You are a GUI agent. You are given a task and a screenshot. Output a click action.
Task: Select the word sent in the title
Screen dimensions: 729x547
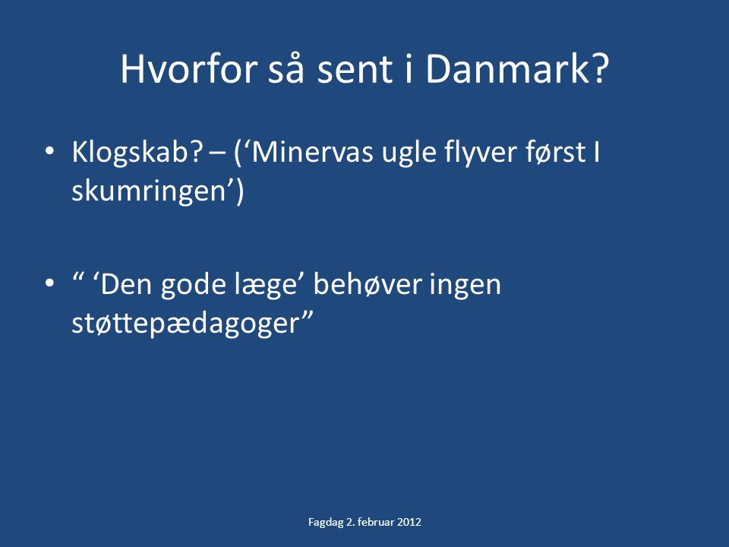coord(355,70)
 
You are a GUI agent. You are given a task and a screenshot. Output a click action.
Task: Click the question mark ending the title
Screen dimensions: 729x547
coord(601,69)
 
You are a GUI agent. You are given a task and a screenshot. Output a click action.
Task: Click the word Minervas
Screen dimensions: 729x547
coord(312,152)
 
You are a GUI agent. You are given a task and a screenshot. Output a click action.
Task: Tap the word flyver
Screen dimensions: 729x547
coord(481,153)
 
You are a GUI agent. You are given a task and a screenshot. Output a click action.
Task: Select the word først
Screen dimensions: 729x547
coord(556,152)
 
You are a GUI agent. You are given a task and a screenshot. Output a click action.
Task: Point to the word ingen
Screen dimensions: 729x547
coord(465,285)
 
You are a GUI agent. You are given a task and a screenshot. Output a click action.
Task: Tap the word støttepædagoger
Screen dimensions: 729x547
coord(185,324)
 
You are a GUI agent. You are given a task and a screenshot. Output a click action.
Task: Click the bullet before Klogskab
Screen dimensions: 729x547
coord(50,152)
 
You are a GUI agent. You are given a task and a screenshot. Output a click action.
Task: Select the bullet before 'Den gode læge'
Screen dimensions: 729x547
coord(50,283)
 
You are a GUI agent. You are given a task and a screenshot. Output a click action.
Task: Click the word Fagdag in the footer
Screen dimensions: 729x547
coord(326,523)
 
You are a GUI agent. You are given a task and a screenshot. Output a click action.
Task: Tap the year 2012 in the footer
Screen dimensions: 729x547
coord(409,521)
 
